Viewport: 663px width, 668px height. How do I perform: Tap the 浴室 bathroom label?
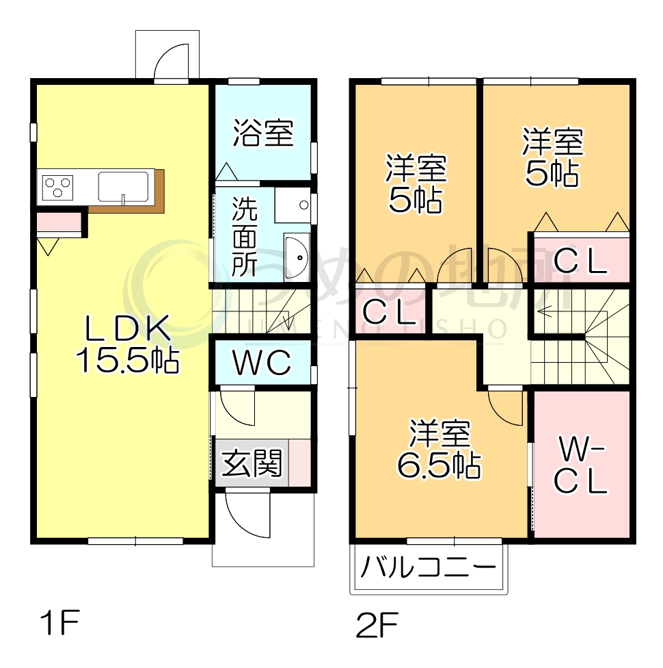click(x=263, y=133)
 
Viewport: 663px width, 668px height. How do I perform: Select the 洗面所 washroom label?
click(x=243, y=236)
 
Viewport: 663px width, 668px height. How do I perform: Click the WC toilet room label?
click(x=262, y=363)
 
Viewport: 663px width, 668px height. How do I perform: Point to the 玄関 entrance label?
click(x=251, y=465)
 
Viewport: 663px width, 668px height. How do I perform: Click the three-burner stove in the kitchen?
click(x=58, y=187)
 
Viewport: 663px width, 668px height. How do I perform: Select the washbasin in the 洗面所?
click(x=297, y=257)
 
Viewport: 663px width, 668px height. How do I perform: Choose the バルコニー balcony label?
click(x=428, y=567)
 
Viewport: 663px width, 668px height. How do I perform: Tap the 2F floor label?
click(x=377, y=624)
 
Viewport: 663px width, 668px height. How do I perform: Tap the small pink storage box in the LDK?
click(x=59, y=222)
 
